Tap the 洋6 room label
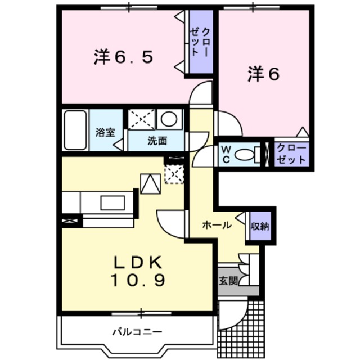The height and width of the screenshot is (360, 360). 263,75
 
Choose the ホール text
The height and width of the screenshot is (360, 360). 217,225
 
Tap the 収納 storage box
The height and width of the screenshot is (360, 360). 260,227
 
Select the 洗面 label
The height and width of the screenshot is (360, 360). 157,141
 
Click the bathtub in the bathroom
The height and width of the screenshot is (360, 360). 75,129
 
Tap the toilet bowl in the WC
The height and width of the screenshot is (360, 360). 245,155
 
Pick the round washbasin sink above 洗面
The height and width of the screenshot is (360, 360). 169,119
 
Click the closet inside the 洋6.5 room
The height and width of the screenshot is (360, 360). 200,42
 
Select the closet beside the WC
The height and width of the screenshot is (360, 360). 291,154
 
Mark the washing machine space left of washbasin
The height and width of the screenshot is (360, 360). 141,119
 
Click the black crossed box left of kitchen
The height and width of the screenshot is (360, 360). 70,221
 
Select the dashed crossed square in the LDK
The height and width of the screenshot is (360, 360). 174,174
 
